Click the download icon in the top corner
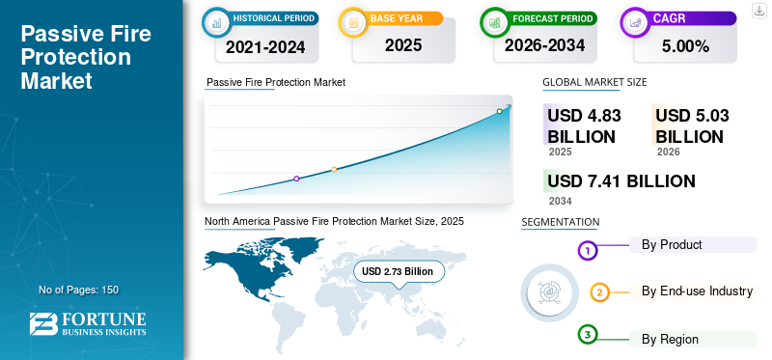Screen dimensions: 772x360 [758, 11]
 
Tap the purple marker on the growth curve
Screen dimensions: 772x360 [296, 179]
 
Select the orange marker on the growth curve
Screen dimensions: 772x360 [334, 170]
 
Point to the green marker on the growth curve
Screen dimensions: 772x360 [499, 111]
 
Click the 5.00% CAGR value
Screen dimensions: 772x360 [685, 46]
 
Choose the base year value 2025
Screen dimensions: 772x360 [403, 45]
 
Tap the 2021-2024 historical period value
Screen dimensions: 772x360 [265, 46]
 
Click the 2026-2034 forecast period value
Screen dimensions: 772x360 [544, 45]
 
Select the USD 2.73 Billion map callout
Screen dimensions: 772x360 [398, 271]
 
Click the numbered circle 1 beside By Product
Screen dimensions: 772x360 [588, 251]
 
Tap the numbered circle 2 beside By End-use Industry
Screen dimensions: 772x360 [599, 292]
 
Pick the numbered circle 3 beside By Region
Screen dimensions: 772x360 [588, 335]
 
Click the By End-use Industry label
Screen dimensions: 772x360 [697, 291]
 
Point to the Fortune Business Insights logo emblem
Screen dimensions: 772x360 [42, 323]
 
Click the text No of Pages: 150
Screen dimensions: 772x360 [79, 290]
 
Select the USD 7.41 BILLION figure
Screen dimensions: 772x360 [621, 181]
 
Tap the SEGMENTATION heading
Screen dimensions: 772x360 [561, 222]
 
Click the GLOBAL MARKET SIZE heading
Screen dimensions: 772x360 [594, 82]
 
